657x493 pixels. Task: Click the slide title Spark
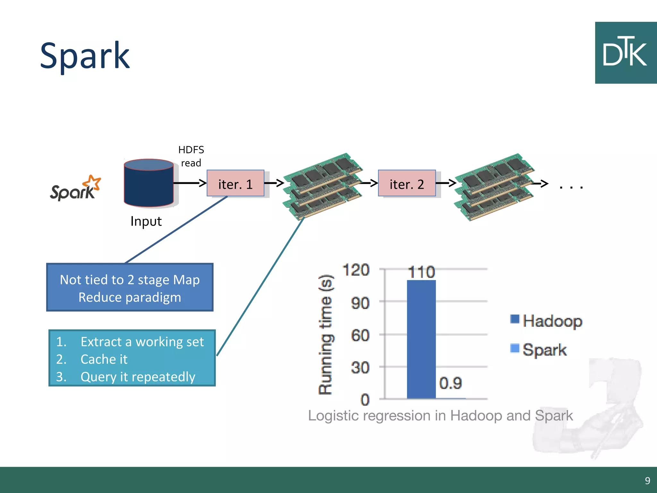85,56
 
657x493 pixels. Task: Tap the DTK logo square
625,53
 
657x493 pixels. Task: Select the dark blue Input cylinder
149,183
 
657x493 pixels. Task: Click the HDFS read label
191,156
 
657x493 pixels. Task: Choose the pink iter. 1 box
235,183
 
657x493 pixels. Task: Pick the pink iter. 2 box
406,183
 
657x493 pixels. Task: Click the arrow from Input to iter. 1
189,183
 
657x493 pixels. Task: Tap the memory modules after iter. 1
323,185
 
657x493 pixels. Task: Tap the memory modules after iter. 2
494,186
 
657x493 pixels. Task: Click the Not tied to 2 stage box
130,288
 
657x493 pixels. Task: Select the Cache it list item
104,359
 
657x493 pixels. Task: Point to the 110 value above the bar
421,272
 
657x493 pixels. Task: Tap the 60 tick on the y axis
360,336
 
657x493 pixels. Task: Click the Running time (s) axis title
325,334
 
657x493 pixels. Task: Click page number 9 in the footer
647,480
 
